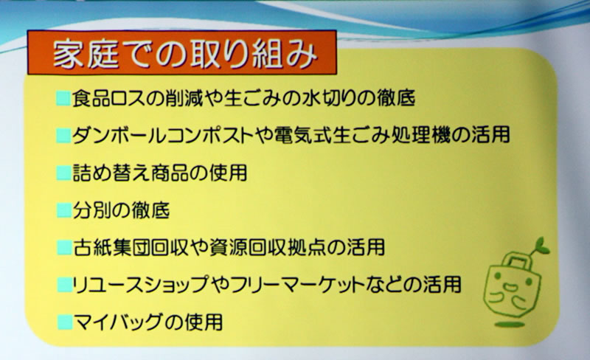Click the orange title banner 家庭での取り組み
181,52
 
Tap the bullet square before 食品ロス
63,98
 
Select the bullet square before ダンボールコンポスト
63,136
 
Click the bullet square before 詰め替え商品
64,173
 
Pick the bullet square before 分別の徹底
64,210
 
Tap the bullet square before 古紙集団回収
64,248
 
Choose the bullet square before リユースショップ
65,285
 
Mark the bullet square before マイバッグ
65,322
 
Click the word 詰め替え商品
134,173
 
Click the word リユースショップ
140,285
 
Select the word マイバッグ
118,322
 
